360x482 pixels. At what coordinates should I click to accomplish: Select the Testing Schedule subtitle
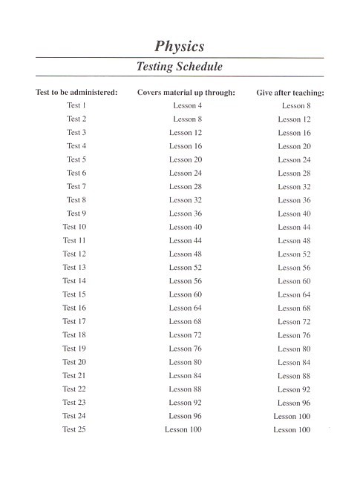[180, 67]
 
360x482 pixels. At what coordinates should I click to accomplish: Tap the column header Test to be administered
[77, 93]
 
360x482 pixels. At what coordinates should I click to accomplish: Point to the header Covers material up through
[186, 93]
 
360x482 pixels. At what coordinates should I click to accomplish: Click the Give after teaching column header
[291, 93]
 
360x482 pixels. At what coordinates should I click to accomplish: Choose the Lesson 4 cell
[188, 106]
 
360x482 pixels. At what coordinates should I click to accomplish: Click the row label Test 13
[74, 268]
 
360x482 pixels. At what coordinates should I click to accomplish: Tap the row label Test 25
[74, 429]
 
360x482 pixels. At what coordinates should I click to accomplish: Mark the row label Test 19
[74, 349]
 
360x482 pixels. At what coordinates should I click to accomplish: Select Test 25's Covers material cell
[183, 429]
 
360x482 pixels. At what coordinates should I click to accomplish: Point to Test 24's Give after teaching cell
[292, 417]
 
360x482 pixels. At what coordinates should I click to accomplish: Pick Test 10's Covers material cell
[186, 227]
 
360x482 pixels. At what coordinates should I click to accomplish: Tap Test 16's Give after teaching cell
[295, 308]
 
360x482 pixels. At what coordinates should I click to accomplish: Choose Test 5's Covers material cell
[186, 159]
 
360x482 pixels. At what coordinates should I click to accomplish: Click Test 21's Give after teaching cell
[295, 376]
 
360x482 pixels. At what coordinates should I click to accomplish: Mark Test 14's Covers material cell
[186, 281]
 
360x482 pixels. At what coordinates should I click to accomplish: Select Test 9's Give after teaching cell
[295, 214]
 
